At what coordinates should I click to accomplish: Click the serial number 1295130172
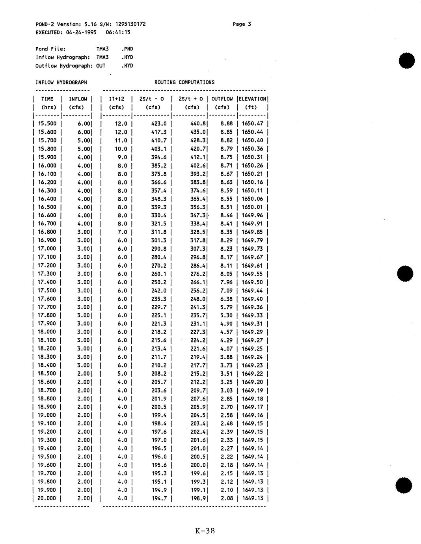(130, 24)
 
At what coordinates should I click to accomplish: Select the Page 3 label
(242, 24)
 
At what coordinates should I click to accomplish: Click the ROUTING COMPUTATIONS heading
(184, 82)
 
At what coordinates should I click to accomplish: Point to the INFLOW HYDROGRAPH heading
(61, 82)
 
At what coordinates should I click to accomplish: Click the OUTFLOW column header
(222, 99)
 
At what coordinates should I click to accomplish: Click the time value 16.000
(47, 166)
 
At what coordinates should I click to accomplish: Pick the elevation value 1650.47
(252, 124)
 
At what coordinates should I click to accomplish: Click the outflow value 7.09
(227, 291)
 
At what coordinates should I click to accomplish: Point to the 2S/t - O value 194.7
(159, 498)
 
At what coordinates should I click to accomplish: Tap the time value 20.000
(47, 498)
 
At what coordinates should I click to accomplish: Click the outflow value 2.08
(227, 498)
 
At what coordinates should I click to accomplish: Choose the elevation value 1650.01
(252, 207)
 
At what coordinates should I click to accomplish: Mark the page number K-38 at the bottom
(205, 531)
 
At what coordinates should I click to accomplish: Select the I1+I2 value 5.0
(123, 374)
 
